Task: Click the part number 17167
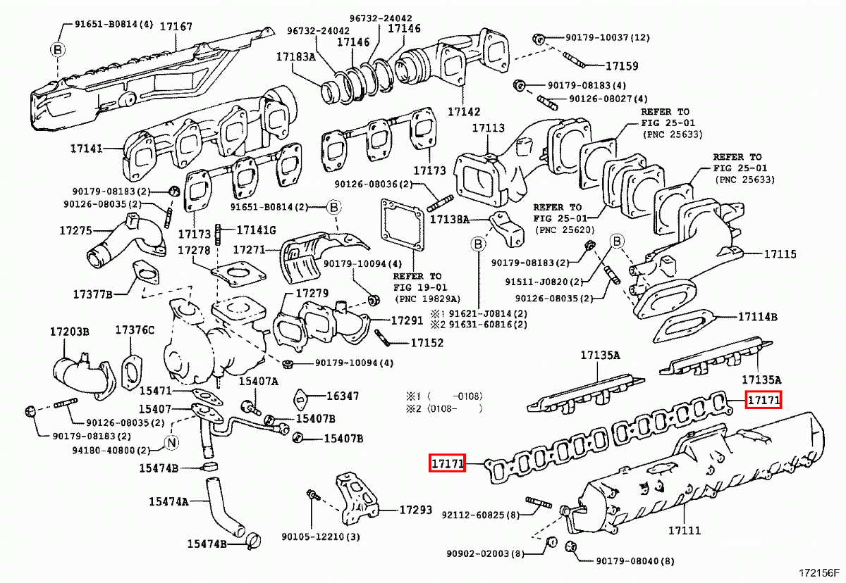tap(176, 27)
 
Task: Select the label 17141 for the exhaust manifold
tap(87, 148)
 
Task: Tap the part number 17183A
tap(295, 56)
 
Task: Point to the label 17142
tap(464, 112)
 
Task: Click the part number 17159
tap(622, 66)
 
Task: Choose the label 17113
tap(489, 128)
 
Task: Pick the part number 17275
tap(75, 230)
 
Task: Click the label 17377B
tap(93, 294)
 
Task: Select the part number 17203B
tap(70, 332)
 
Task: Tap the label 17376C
tap(135, 330)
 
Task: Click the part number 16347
tap(342, 396)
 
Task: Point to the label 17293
tap(416, 510)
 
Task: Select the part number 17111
tap(685, 531)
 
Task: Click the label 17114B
tap(758, 317)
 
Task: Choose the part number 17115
tap(780, 253)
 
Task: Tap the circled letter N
tap(172, 442)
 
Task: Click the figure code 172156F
tap(819, 573)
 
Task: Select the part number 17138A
tap(450, 219)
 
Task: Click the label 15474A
tap(168, 501)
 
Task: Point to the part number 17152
tap(427, 343)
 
